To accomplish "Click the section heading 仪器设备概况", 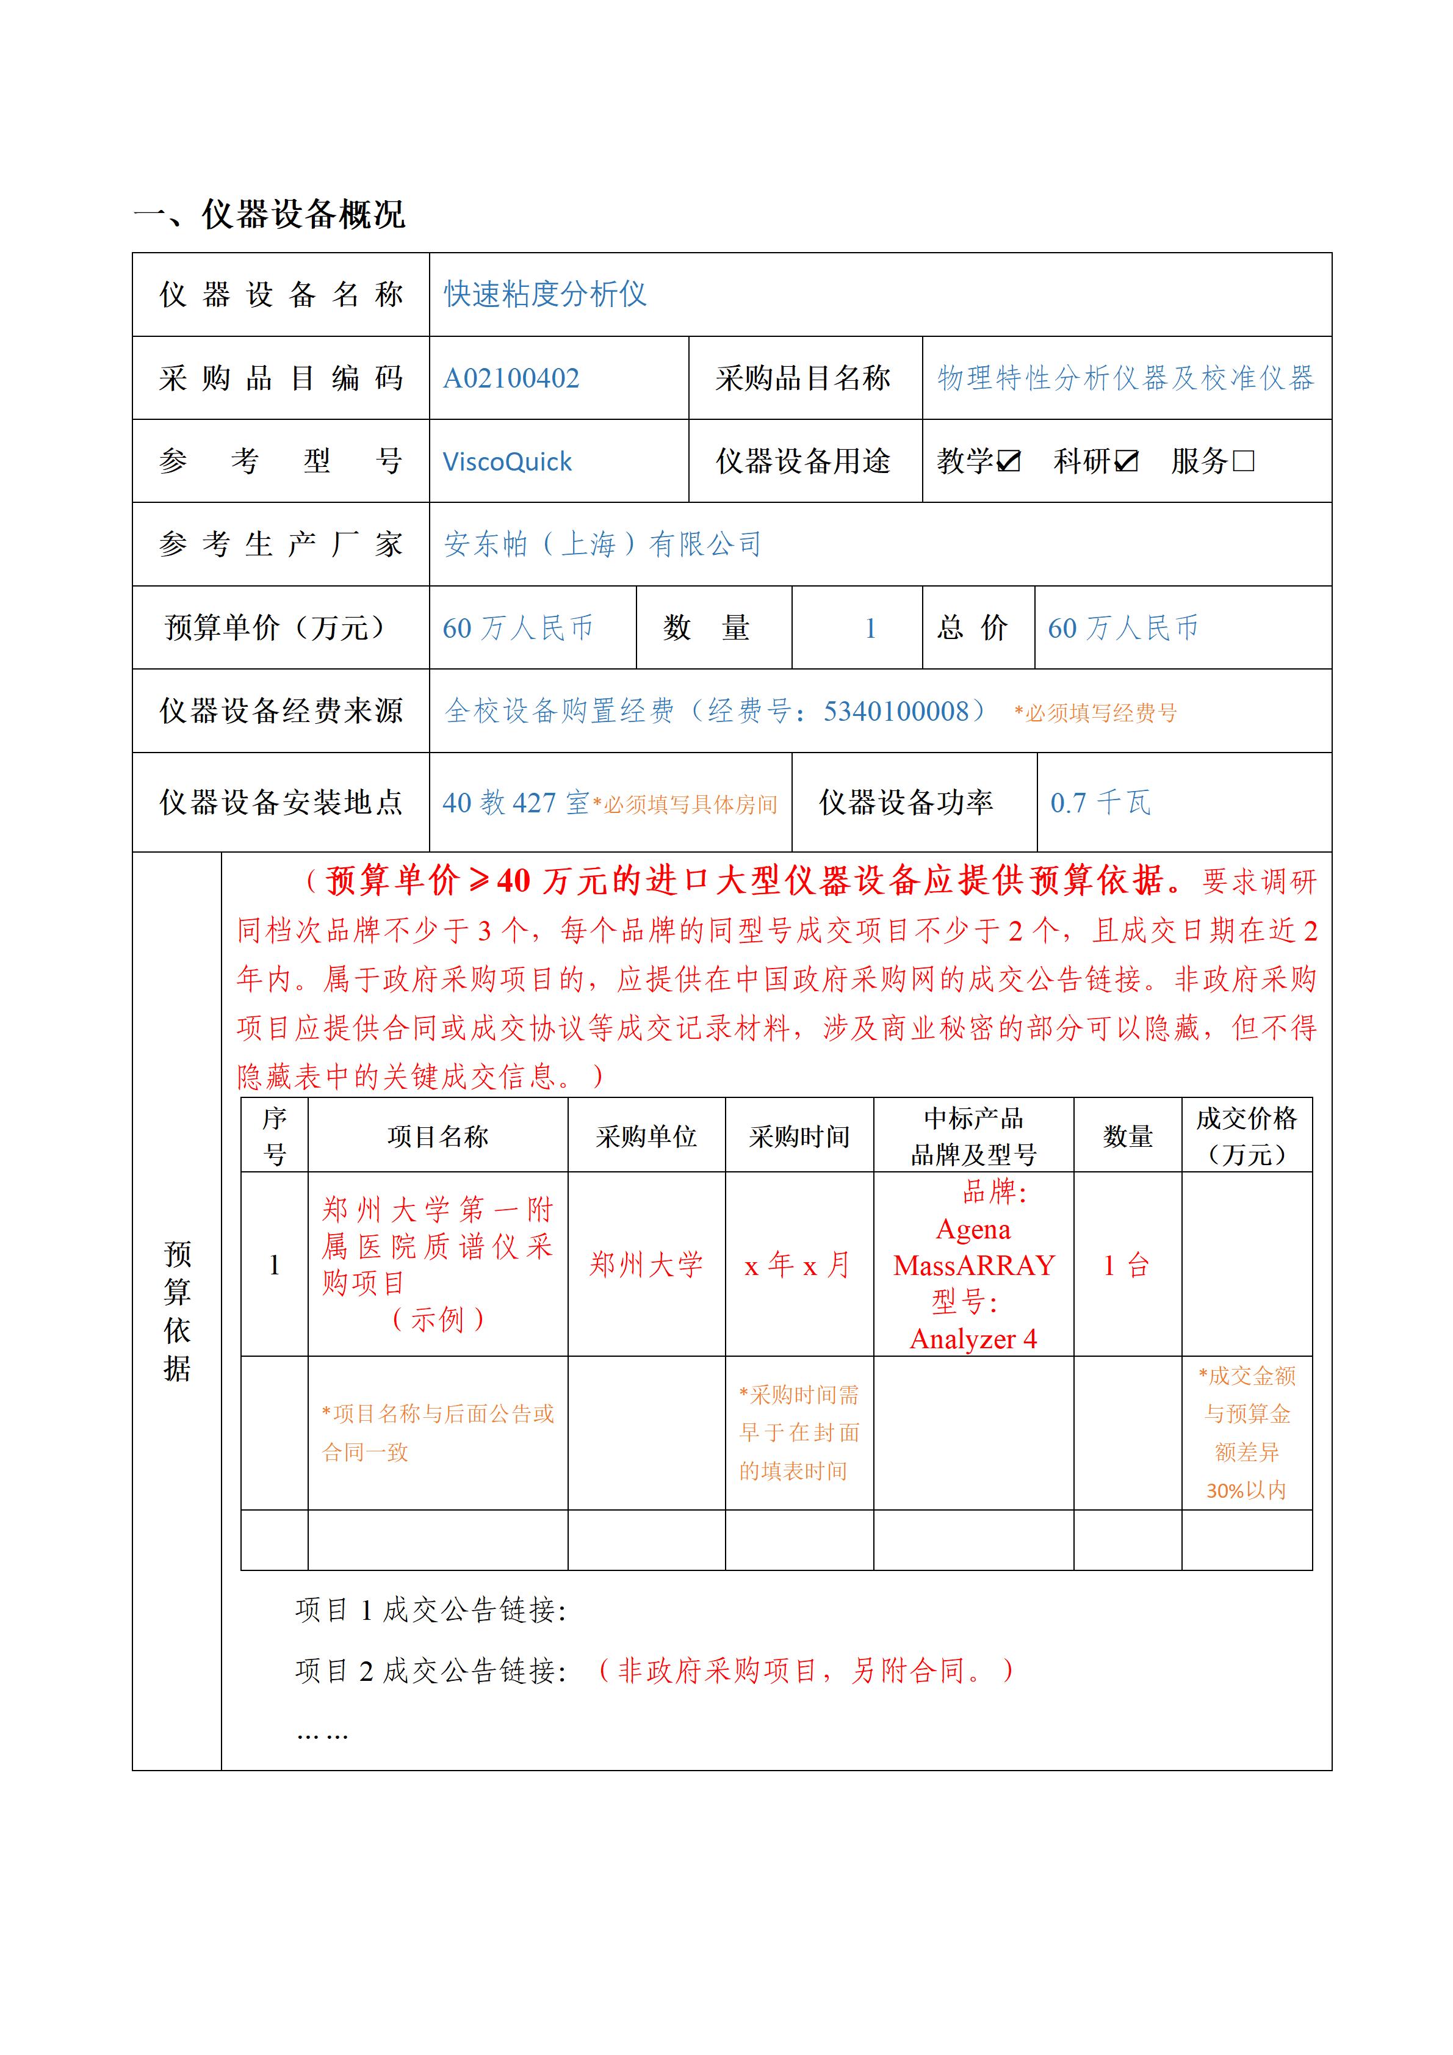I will click(303, 215).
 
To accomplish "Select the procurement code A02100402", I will click(511, 378).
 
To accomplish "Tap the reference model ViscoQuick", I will click(507, 462).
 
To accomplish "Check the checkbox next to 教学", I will click(1008, 462).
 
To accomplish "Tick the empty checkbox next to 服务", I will click(1244, 462).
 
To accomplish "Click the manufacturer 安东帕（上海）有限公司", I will click(602, 544).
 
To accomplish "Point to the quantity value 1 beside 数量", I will click(870, 628).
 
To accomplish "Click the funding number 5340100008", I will click(896, 712).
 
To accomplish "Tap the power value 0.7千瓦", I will click(1100, 803).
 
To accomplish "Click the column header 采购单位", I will click(646, 1136).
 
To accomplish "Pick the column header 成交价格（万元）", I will click(1246, 1136).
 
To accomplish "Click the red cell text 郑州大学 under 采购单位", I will click(646, 1265).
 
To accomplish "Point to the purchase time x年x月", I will click(798, 1265).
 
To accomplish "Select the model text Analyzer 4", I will click(973, 1339).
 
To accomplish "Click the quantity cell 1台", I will click(1127, 1265).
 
